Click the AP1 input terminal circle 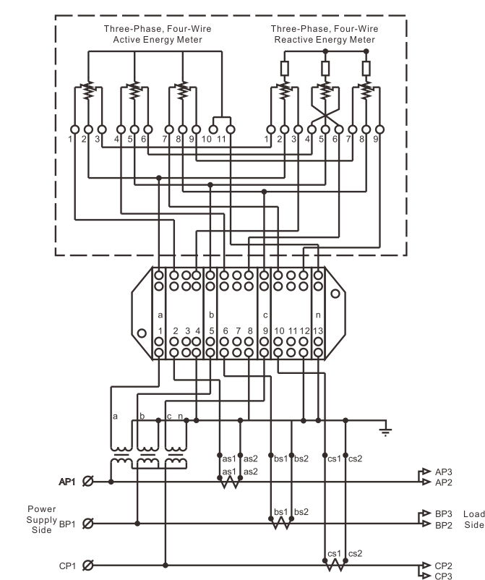[87, 481]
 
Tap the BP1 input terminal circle [87, 524]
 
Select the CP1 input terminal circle [87, 566]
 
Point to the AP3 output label [443, 472]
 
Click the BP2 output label [443, 525]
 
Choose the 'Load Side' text [473, 519]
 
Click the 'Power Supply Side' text [41, 519]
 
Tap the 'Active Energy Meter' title [158, 40]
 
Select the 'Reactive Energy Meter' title [325, 40]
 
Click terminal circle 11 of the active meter [231, 129]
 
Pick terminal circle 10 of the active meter [213, 129]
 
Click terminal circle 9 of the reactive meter [379, 129]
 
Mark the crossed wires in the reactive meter [325, 115]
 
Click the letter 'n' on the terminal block [318, 315]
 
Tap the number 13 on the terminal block [318, 330]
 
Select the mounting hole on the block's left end [142, 333]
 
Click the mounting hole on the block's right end [335, 294]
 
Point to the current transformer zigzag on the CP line [335, 566]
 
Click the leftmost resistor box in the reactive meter [284, 69]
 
